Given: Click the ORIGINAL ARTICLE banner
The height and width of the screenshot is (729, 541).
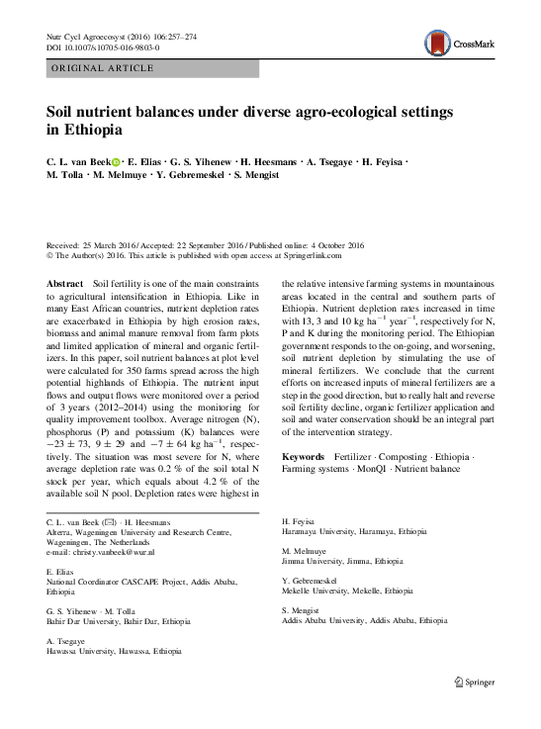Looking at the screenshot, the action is pos(101,67).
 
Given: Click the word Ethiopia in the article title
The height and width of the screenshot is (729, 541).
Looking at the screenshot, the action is pos(93,130).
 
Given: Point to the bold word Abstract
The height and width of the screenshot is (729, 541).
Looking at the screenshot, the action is pos(65,284).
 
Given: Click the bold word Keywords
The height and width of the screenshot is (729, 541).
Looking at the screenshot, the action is pos(306,456).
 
